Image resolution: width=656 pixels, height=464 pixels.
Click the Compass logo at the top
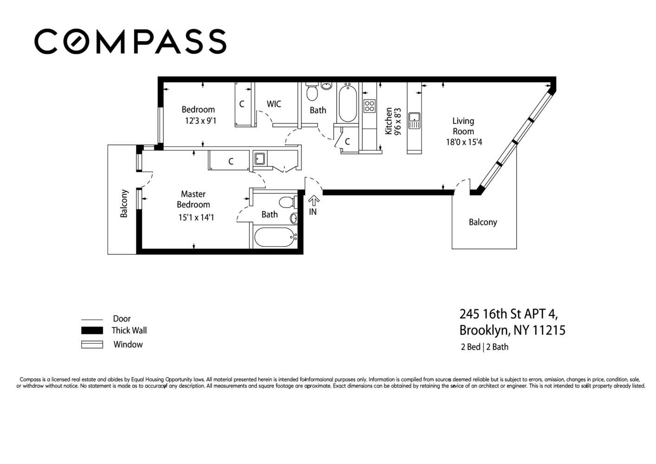pos(130,41)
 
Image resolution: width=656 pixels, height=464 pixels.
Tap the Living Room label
pos(463,126)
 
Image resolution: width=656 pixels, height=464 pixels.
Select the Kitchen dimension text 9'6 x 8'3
pos(397,122)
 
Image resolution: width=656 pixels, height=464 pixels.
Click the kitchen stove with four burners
pos(369,106)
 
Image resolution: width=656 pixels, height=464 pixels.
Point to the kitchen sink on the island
pos(414,121)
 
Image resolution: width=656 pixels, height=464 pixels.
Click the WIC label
pos(274,104)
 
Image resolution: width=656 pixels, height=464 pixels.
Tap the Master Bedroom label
pos(193,199)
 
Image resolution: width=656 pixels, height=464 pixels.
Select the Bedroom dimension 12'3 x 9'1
pos(200,121)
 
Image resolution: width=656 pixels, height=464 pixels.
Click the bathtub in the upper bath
pos(347,103)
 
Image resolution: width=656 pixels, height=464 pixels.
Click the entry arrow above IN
pos(314,200)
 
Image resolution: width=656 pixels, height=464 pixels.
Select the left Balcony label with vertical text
pos(124,203)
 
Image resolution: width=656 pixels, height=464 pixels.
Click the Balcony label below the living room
pos(482,222)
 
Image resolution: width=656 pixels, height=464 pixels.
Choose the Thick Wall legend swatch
pos(92,330)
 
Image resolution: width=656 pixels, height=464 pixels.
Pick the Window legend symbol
pos(92,344)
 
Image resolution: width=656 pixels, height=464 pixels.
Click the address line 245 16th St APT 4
pos(508,314)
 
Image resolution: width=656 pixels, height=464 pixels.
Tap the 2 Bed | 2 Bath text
pos(484,347)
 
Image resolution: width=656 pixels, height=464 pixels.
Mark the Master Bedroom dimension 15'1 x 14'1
pos(196,217)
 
